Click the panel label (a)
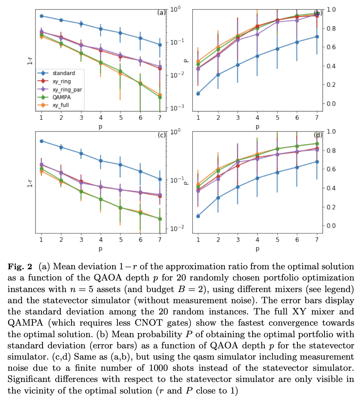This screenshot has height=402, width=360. [x=161, y=12]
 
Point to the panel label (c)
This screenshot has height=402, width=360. [x=161, y=135]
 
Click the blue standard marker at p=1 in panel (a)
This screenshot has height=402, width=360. [x=41, y=16]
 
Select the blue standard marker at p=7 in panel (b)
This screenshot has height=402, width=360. [x=317, y=37]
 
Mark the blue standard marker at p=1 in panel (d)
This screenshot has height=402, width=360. [x=198, y=216]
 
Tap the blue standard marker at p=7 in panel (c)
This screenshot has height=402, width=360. [x=160, y=179]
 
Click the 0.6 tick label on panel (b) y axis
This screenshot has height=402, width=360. [x=331, y=47]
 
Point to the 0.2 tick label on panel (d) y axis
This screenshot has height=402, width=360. [x=331, y=207]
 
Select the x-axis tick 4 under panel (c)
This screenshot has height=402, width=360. [x=100, y=240]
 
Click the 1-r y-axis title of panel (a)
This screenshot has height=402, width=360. [x=30, y=60]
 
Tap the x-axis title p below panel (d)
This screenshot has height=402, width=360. [x=257, y=249]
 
